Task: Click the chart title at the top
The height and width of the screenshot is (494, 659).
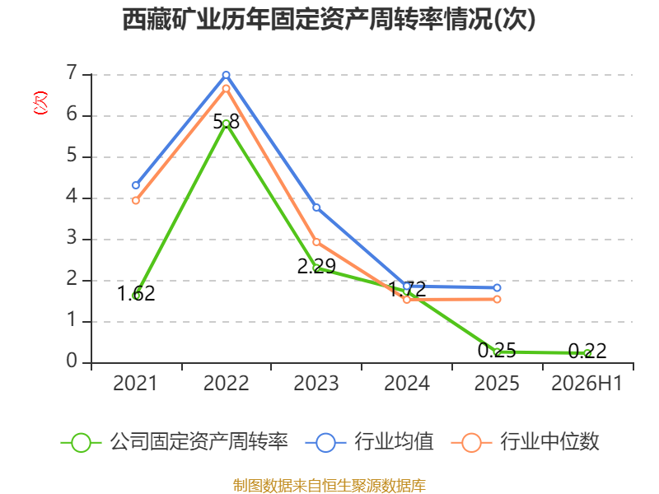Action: click(x=329, y=19)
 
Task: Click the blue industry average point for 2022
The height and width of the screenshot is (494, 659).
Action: click(x=226, y=75)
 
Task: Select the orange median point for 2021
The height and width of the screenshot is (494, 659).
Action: click(x=136, y=201)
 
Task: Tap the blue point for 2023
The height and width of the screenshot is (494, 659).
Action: click(x=316, y=207)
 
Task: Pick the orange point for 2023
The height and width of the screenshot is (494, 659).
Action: click(x=316, y=242)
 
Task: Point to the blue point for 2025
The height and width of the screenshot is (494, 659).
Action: click(x=498, y=287)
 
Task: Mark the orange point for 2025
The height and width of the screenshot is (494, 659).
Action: click(x=498, y=299)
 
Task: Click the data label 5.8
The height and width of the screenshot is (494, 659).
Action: click(x=226, y=122)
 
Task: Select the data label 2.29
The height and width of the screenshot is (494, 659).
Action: click(x=316, y=266)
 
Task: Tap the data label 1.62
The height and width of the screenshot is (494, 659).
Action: click(x=136, y=294)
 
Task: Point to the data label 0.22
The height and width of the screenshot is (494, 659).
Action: click(x=587, y=352)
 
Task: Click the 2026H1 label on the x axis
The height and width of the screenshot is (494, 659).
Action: click(x=587, y=384)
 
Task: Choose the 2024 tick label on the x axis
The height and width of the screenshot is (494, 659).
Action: click(x=407, y=384)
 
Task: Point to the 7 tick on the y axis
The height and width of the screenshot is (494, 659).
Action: click(x=72, y=73)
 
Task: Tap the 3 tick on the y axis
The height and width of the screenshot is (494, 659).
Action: click(x=72, y=238)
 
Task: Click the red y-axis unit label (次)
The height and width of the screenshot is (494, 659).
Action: click(x=40, y=103)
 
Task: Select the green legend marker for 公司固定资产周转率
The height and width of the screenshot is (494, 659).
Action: click(x=81, y=443)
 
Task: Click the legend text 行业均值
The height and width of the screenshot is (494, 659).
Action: click(x=394, y=442)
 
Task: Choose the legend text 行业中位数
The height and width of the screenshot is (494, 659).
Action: click(x=549, y=442)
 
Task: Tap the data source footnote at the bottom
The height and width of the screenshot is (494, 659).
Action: click(x=329, y=486)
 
